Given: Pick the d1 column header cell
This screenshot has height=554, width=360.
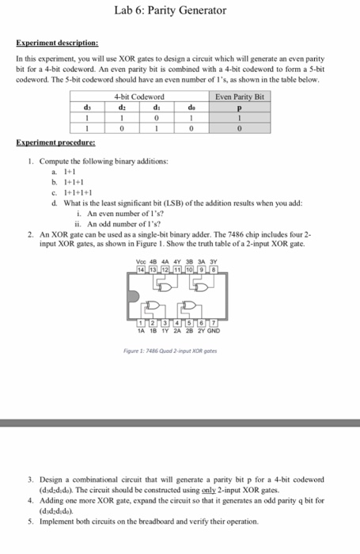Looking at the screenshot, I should point(157,107).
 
